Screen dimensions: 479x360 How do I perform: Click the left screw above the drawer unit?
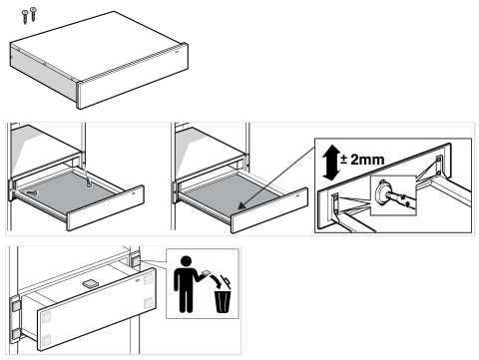(x=25, y=17)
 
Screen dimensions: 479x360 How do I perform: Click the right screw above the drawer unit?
(x=33, y=14)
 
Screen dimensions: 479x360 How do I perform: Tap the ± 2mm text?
(x=362, y=160)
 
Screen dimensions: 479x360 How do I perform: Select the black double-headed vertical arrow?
(x=331, y=163)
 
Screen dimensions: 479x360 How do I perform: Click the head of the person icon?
(x=186, y=261)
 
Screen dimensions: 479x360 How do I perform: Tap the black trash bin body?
(x=223, y=301)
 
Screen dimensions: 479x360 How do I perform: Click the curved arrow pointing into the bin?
(x=216, y=281)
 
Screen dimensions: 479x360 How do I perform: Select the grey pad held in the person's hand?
(x=206, y=272)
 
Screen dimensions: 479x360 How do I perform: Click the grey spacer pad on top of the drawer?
(x=90, y=283)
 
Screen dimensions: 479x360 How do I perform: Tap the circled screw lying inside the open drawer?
(x=32, y=192)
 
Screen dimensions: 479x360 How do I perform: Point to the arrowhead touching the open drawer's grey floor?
(x=241, y=205)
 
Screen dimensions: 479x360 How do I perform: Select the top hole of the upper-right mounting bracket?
(x=439, y=160)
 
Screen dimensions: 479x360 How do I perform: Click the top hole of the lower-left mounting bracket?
(x=335, y=198)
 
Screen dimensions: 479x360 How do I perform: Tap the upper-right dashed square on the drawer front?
(x=148, y=279)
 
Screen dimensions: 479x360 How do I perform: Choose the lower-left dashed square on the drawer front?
(x=46, y=340)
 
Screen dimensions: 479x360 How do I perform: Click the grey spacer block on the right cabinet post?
(x=135, y=260)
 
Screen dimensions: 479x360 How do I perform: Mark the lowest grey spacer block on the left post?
(x=16, y=335)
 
